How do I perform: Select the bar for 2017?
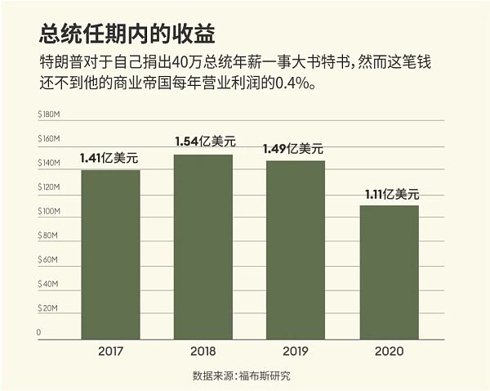click(110, 254)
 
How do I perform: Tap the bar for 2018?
click(203, 246)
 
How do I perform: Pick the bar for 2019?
click(296, 249)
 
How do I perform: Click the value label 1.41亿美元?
click(110, 158)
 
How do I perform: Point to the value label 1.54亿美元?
click(204, 142)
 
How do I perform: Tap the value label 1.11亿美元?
click(390, 194)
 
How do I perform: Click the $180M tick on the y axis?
click(49, 115)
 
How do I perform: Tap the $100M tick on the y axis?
click(49, 212)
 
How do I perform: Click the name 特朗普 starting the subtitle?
click(60, 62)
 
